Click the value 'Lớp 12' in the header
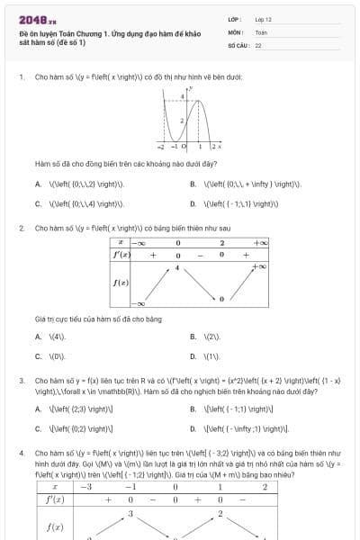[264, 19]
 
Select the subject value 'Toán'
[261, 31]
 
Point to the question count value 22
[258, 44]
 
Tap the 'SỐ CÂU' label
[237, 44]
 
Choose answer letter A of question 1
[39, 184]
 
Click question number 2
[21, 229]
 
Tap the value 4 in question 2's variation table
[177, 268]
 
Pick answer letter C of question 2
[39, 356]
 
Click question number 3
[21, 382]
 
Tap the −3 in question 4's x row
[86, 487]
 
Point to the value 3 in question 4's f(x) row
[130, 514]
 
